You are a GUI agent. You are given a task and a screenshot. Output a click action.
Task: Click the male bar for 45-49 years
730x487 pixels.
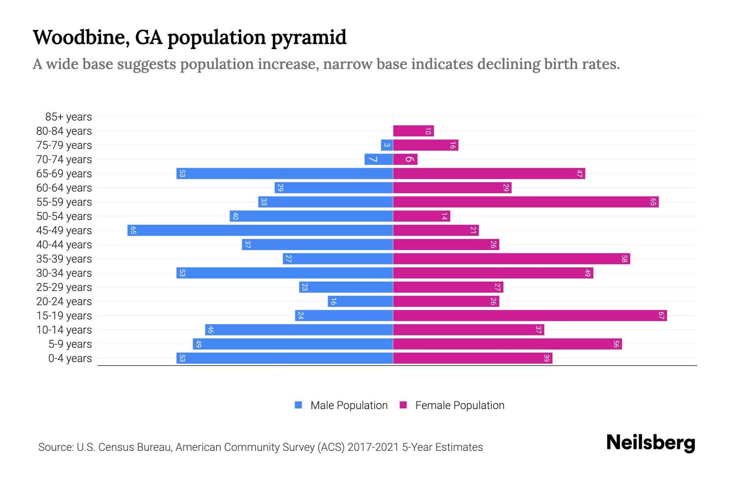[x=260, y=230]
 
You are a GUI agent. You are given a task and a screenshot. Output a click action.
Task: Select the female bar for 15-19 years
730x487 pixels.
[x=530, y=315]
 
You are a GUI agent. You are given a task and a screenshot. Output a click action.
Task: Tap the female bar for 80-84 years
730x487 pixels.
[x=413, y=131]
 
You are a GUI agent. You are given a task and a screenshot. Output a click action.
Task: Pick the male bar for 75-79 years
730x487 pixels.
[x=387, y=145]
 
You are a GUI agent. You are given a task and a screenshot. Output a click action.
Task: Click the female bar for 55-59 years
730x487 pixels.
[x=526, y=202]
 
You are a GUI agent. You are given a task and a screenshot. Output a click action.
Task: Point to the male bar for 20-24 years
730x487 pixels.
[x=360, y=301]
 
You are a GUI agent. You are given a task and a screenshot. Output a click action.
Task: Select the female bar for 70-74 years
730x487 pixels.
[x=405, y=159]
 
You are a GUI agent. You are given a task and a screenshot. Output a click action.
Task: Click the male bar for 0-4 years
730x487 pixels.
[x=285, y=358]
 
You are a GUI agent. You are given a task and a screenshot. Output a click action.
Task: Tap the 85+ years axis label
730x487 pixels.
[x=69, y=117]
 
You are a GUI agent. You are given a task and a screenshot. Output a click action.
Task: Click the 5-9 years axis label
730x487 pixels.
[x=70, y=344]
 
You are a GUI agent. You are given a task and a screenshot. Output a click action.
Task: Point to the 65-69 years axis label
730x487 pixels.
[x=64, y=174]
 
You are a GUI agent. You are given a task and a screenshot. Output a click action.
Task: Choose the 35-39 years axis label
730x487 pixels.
[x=64, y=259]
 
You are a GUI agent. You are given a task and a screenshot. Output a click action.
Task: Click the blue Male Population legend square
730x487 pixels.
[x=298, y=405]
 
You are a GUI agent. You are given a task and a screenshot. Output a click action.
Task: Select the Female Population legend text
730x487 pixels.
[x=459, y=405]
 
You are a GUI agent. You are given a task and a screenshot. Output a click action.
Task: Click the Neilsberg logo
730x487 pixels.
[x=651, y=443]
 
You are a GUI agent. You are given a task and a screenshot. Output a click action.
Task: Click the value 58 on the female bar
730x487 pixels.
[x=624, y=259]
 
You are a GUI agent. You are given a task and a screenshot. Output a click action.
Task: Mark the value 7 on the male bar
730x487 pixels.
[x=374, y=159]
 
